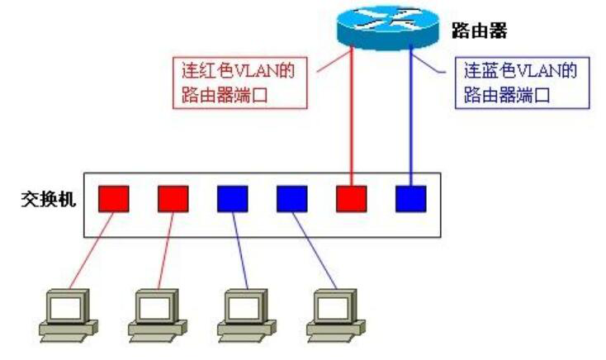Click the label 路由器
479,31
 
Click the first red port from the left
113,198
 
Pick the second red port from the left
173,198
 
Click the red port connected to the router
351,198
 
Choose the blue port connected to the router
410,198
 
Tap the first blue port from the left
232,198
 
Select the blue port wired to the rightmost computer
291,198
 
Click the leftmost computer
69,314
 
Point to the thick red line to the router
353,116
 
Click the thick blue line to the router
410,116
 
